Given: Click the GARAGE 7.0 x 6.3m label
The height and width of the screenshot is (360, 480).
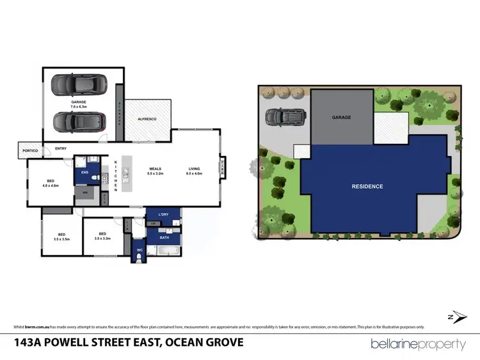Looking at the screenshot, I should click(79, 104).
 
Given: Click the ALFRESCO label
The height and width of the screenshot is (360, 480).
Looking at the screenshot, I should click(147, 120).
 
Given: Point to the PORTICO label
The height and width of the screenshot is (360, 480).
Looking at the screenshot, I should click(30, 150).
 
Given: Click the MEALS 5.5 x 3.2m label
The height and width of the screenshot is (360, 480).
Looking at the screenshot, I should click(156, 171).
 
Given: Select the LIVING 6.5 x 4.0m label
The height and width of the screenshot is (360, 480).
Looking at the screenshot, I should click(194, 171).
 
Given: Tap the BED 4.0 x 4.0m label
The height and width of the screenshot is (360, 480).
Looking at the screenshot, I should click(49, 184).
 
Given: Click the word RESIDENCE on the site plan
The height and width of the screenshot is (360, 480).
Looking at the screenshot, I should click(367, 187).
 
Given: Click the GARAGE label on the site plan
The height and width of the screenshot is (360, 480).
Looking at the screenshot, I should click(341, 118).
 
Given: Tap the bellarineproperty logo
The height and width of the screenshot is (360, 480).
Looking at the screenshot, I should click(419, 343).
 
